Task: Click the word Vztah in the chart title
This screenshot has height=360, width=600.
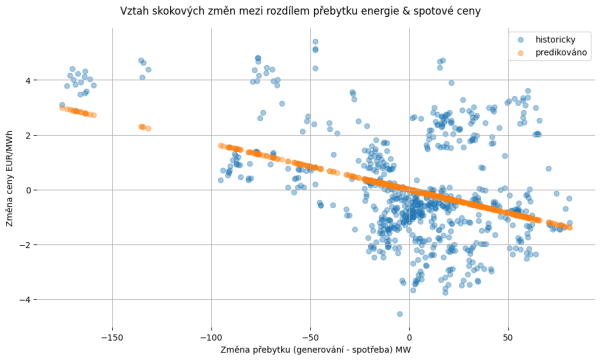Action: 137,11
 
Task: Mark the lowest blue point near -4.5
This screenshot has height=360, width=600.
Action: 400,313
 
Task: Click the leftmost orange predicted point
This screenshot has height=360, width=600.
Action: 62,108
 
